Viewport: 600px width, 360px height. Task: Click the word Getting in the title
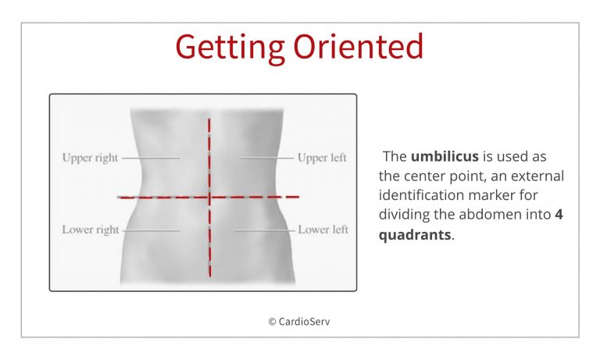click(230, 48)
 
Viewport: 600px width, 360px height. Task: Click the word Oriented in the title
click(359, 46)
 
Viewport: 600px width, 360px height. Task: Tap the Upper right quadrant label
click(90, 158)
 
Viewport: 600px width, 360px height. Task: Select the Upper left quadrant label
click(322, 158)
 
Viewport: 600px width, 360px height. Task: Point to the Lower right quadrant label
click(91, 230)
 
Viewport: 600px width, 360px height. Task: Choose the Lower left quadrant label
click(323, 230)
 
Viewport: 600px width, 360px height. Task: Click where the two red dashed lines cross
click(209, 198)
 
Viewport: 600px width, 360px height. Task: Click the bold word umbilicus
click(445, 157)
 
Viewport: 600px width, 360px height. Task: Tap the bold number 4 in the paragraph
click(559, 214)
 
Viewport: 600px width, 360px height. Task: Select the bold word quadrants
click(415, 234)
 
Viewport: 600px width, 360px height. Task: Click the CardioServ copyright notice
click(299, 322)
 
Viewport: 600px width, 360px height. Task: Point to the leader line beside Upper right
click(151, 158)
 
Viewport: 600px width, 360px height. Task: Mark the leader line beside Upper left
click(266, 158)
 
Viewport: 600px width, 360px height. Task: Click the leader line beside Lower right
click(151, 230)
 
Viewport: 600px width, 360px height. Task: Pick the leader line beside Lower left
click(265, 230)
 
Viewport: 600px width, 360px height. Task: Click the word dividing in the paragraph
click(404, 215)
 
